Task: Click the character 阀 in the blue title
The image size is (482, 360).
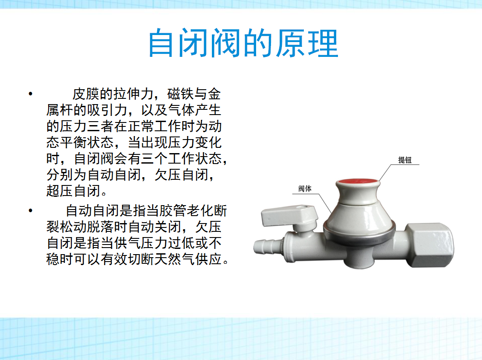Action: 226,43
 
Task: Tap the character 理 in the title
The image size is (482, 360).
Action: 323,43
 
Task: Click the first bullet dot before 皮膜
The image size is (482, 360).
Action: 31,94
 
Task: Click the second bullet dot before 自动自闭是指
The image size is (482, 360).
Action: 31,210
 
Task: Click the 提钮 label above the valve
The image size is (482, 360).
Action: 405,160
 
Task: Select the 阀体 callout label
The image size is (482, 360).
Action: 305,189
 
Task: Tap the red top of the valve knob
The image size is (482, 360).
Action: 358,182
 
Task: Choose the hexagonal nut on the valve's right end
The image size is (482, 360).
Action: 429,245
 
